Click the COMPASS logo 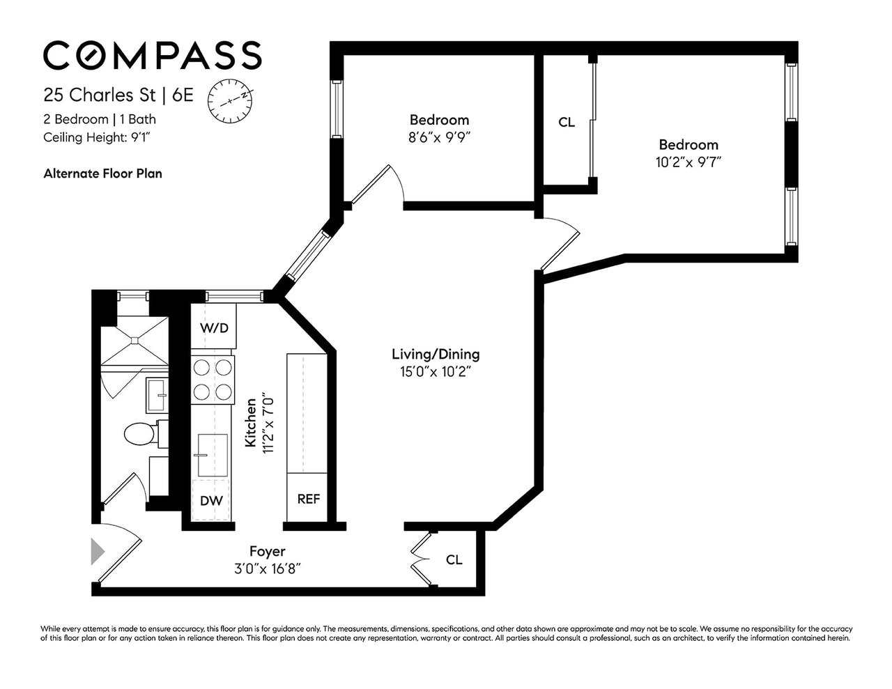click(153, 55)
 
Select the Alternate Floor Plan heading click(102, 173)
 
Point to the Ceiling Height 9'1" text click(97, 137)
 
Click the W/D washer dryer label click(214, 327)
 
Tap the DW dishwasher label click(211, 500)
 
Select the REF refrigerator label click(308, 499)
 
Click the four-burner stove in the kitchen click(213, 379)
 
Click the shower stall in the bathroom click(133, 340)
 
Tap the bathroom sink click(156, 395)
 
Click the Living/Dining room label click(436, 354)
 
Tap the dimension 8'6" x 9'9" click(439, 137)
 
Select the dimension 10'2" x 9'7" click(689, 162)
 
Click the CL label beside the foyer click(454, 559)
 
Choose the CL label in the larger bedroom click(567, 123)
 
